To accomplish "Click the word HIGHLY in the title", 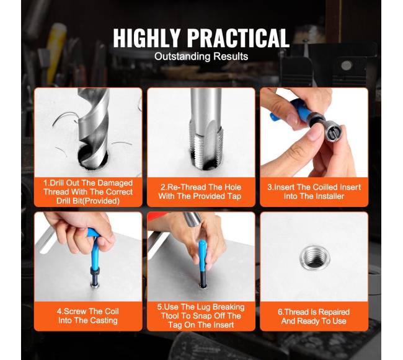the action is [x=147, y=38].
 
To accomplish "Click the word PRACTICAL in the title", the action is [x=239, y=38].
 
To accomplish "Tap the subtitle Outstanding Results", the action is [x=201, y=56].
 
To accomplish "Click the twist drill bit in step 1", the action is [x=94, y=126].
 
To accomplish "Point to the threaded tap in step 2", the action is [x=206, y=128].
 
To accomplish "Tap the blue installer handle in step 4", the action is [x=94, y=247].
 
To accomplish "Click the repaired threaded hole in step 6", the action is [x=314, y=257].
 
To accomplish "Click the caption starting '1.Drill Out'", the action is [x=88, y=192].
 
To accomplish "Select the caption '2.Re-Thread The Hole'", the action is [x=200, y=191].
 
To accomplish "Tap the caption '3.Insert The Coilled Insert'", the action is [x=314, y=191].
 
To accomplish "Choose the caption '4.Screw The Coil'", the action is [x=88, y=316].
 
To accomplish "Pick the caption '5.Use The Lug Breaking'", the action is [x=201, y=316].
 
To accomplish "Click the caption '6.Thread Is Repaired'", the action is [x=314, y=317].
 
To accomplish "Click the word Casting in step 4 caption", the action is [x=104, y=320].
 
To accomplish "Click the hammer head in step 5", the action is [x=192, y=218].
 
